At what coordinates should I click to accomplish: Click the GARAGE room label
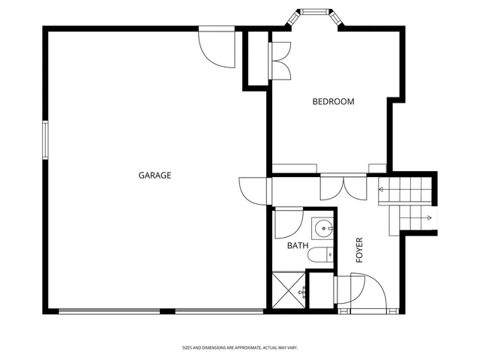tap(154, 175)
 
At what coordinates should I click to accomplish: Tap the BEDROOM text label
tap(333, 101)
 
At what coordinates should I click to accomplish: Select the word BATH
tap(297, 245)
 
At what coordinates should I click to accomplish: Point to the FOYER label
tap(359, 249)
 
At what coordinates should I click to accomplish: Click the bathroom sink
tap(324, 227)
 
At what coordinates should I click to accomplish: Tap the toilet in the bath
tap(319, 255)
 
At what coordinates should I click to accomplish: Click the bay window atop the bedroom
tap(313, 12)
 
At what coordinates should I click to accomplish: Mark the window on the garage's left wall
tap(45, 140)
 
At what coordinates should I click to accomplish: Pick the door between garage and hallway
tap(253, 189)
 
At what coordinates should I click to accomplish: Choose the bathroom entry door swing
tap(287, 222)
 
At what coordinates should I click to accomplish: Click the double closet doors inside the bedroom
tap(280, 61)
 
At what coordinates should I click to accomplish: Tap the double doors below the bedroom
tap(342, 187)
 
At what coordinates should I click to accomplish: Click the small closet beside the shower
tap(321, 289)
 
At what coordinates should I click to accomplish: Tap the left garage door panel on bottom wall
tap(116, 310)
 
